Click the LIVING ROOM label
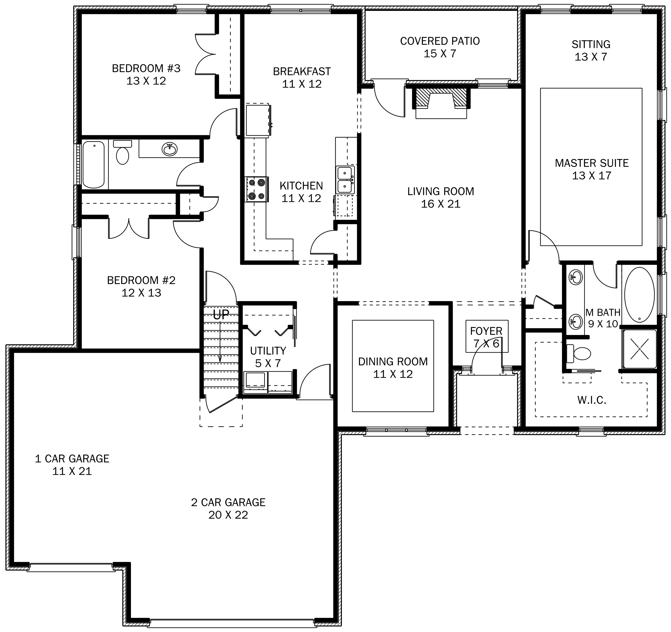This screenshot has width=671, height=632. coord(441,191)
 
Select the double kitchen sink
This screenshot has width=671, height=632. coord(345,180)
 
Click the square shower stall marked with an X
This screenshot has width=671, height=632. coord(640,349)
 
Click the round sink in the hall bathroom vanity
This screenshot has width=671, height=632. coord(169,149)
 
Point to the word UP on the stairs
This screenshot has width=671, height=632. coord(221,314)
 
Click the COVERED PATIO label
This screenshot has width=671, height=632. coord(440,41)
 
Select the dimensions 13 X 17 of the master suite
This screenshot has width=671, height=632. coord(591,175)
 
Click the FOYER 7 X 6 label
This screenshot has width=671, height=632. coord(486,337)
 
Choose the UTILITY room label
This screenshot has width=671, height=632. coord(268,351)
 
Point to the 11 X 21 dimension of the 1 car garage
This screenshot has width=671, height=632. coord(72,471)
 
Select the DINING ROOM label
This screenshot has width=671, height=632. coord(393,361)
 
